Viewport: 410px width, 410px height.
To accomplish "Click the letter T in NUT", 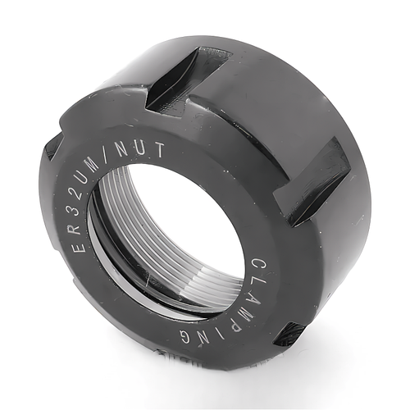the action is [x=159, y=149].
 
